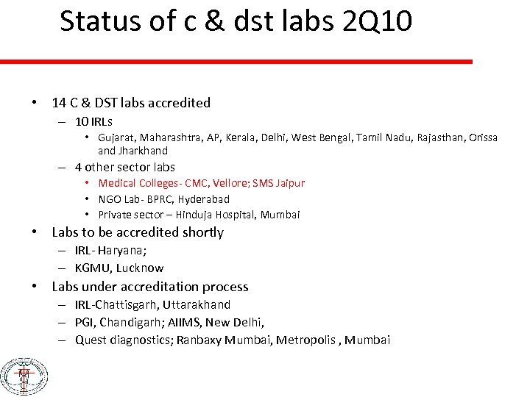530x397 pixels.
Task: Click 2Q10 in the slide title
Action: point(378,22)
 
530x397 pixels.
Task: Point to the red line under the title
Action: point(236,62)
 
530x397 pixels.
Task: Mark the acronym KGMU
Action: point(93,268)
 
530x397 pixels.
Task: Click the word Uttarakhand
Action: point(197,304)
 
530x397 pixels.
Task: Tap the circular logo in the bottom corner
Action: point(24,377)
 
